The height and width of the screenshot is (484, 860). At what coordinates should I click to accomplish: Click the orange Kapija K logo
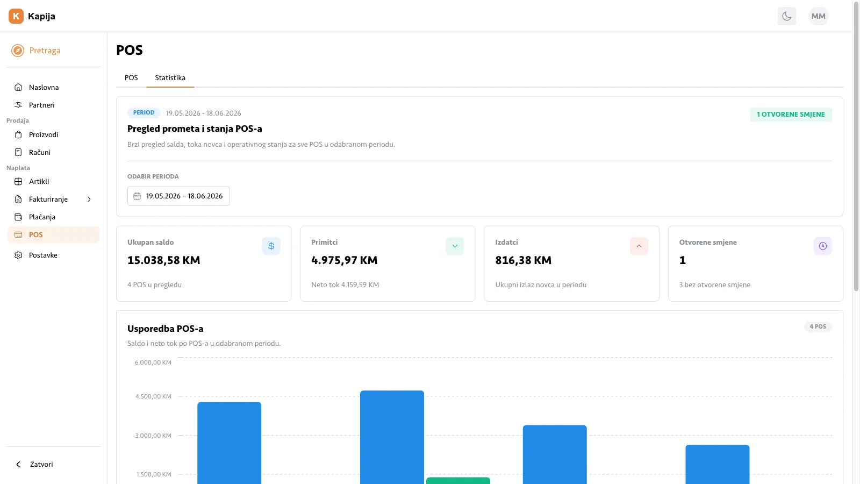[x=16, y=16]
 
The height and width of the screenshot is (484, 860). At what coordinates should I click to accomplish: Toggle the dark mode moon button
[x=787, y=16]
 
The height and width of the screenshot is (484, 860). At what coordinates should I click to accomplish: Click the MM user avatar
[x=819, y=16]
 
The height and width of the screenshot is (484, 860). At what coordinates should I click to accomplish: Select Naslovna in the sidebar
[x=44, y=87]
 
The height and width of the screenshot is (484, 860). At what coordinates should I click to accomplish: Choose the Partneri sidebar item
[x=41, y=105]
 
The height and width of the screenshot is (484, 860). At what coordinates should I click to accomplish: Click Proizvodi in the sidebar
[x=44, y=134]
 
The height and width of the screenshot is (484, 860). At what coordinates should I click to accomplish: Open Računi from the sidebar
[x=40, y=152]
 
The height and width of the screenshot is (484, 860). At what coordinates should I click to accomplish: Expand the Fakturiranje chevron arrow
[x=89, y=199]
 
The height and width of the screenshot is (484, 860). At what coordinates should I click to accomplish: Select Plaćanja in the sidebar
[x=42, y=217]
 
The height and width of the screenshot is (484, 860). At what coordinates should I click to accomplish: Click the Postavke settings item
[x=42, y=255]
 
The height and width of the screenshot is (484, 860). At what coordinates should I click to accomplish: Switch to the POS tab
[x=131, y=77]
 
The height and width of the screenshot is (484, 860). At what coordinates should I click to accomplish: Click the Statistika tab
[x=170, y=77]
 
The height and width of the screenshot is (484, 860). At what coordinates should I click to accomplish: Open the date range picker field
[x=178, y=196]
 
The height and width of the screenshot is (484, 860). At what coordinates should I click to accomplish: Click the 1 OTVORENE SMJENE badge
[x=791, y=115]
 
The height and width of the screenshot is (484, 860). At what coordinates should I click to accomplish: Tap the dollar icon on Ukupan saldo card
[x=271, y=246]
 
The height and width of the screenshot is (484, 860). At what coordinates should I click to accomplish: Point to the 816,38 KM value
[x=523, y=260]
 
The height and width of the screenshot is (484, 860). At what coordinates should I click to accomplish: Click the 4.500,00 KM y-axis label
[x=153, y=396]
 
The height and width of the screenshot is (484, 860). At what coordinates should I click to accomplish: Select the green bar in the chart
[x=458, y=481]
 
